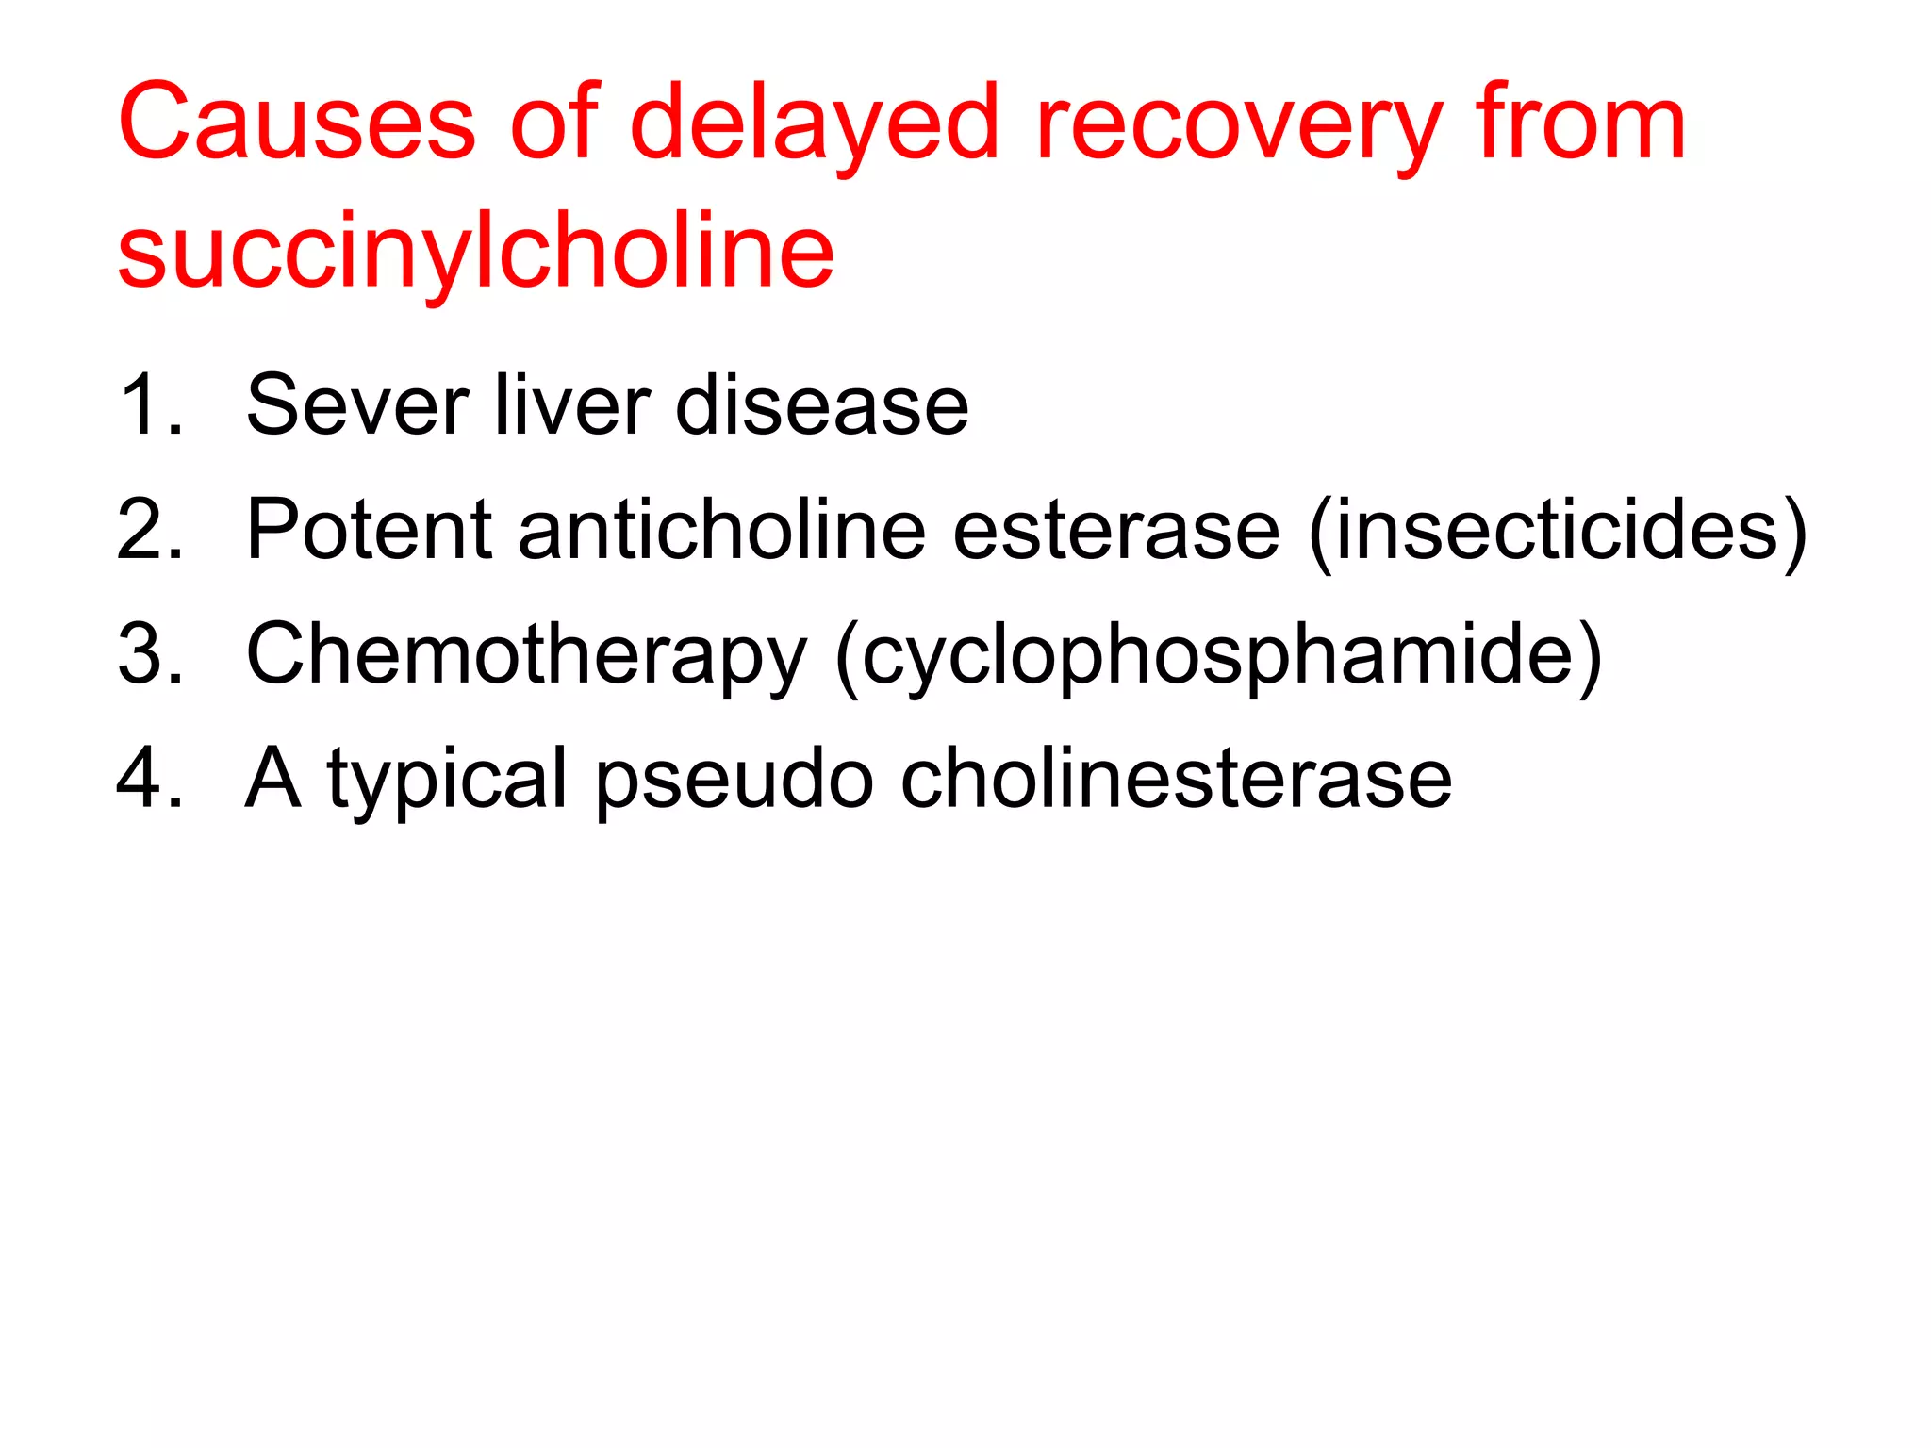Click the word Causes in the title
point(297,123)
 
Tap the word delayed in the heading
point(813,123)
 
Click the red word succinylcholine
point(476,251)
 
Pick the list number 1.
point(149,405)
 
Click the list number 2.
point(149,530)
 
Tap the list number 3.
point(149,654)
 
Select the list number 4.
point(149,779)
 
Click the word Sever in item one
point(357,405)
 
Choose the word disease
point(822,405)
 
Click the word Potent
point(369,530)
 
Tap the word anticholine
point(722,530)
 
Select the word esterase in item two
point(1116,530)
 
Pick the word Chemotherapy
point(526,656)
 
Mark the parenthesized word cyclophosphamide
point(1218,656)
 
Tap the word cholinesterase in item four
point(1176,779)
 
